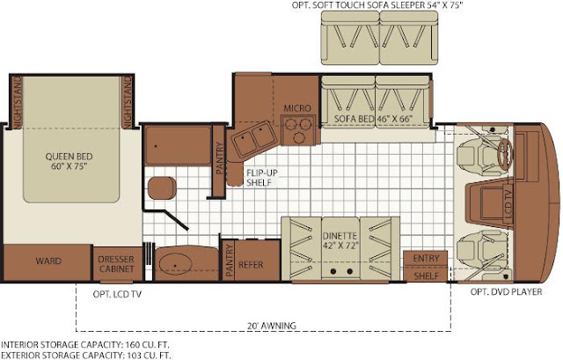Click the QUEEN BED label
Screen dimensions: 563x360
(69, 161)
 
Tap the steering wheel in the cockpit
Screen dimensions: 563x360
(506, 154)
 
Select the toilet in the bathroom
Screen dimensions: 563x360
(162, 187)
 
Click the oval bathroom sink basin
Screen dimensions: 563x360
(174, 264)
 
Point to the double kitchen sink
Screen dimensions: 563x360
(253, 138)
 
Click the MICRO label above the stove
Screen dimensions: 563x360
(297, 108)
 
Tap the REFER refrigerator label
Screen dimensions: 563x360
(251, 265)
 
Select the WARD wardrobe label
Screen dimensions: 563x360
(48, 261)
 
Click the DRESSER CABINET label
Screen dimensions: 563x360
(116, 264)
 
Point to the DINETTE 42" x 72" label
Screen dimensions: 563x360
(340, 240)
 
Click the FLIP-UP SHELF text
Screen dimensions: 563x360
(262, 178)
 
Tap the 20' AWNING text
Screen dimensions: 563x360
(272, 326)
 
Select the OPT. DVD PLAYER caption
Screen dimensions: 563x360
(507, 291)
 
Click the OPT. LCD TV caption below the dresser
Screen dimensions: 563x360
(117, 294)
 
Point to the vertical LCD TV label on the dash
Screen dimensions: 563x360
(508, 204)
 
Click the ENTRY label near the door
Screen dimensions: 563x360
(426, 258)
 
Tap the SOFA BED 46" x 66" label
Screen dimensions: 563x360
(373, 119)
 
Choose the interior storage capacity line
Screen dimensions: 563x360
(85, 345)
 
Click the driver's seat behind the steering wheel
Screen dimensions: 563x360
(478, 157)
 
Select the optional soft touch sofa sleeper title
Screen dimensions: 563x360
(377, 5)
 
